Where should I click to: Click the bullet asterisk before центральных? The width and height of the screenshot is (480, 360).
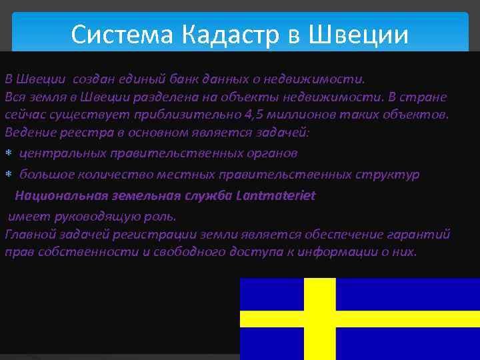click(9, 154)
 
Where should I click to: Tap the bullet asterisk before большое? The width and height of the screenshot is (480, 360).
click(9, 175)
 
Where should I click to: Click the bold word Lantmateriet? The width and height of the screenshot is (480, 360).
click(275, 195)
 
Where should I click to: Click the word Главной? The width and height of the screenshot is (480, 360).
click(29, 234)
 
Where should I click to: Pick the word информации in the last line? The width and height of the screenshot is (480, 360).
click(312, 252)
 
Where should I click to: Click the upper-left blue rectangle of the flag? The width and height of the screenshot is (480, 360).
click(270, 293)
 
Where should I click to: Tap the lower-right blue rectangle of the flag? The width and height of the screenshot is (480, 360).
click(407, 343)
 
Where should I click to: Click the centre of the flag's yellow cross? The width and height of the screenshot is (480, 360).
click(319, 318)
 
